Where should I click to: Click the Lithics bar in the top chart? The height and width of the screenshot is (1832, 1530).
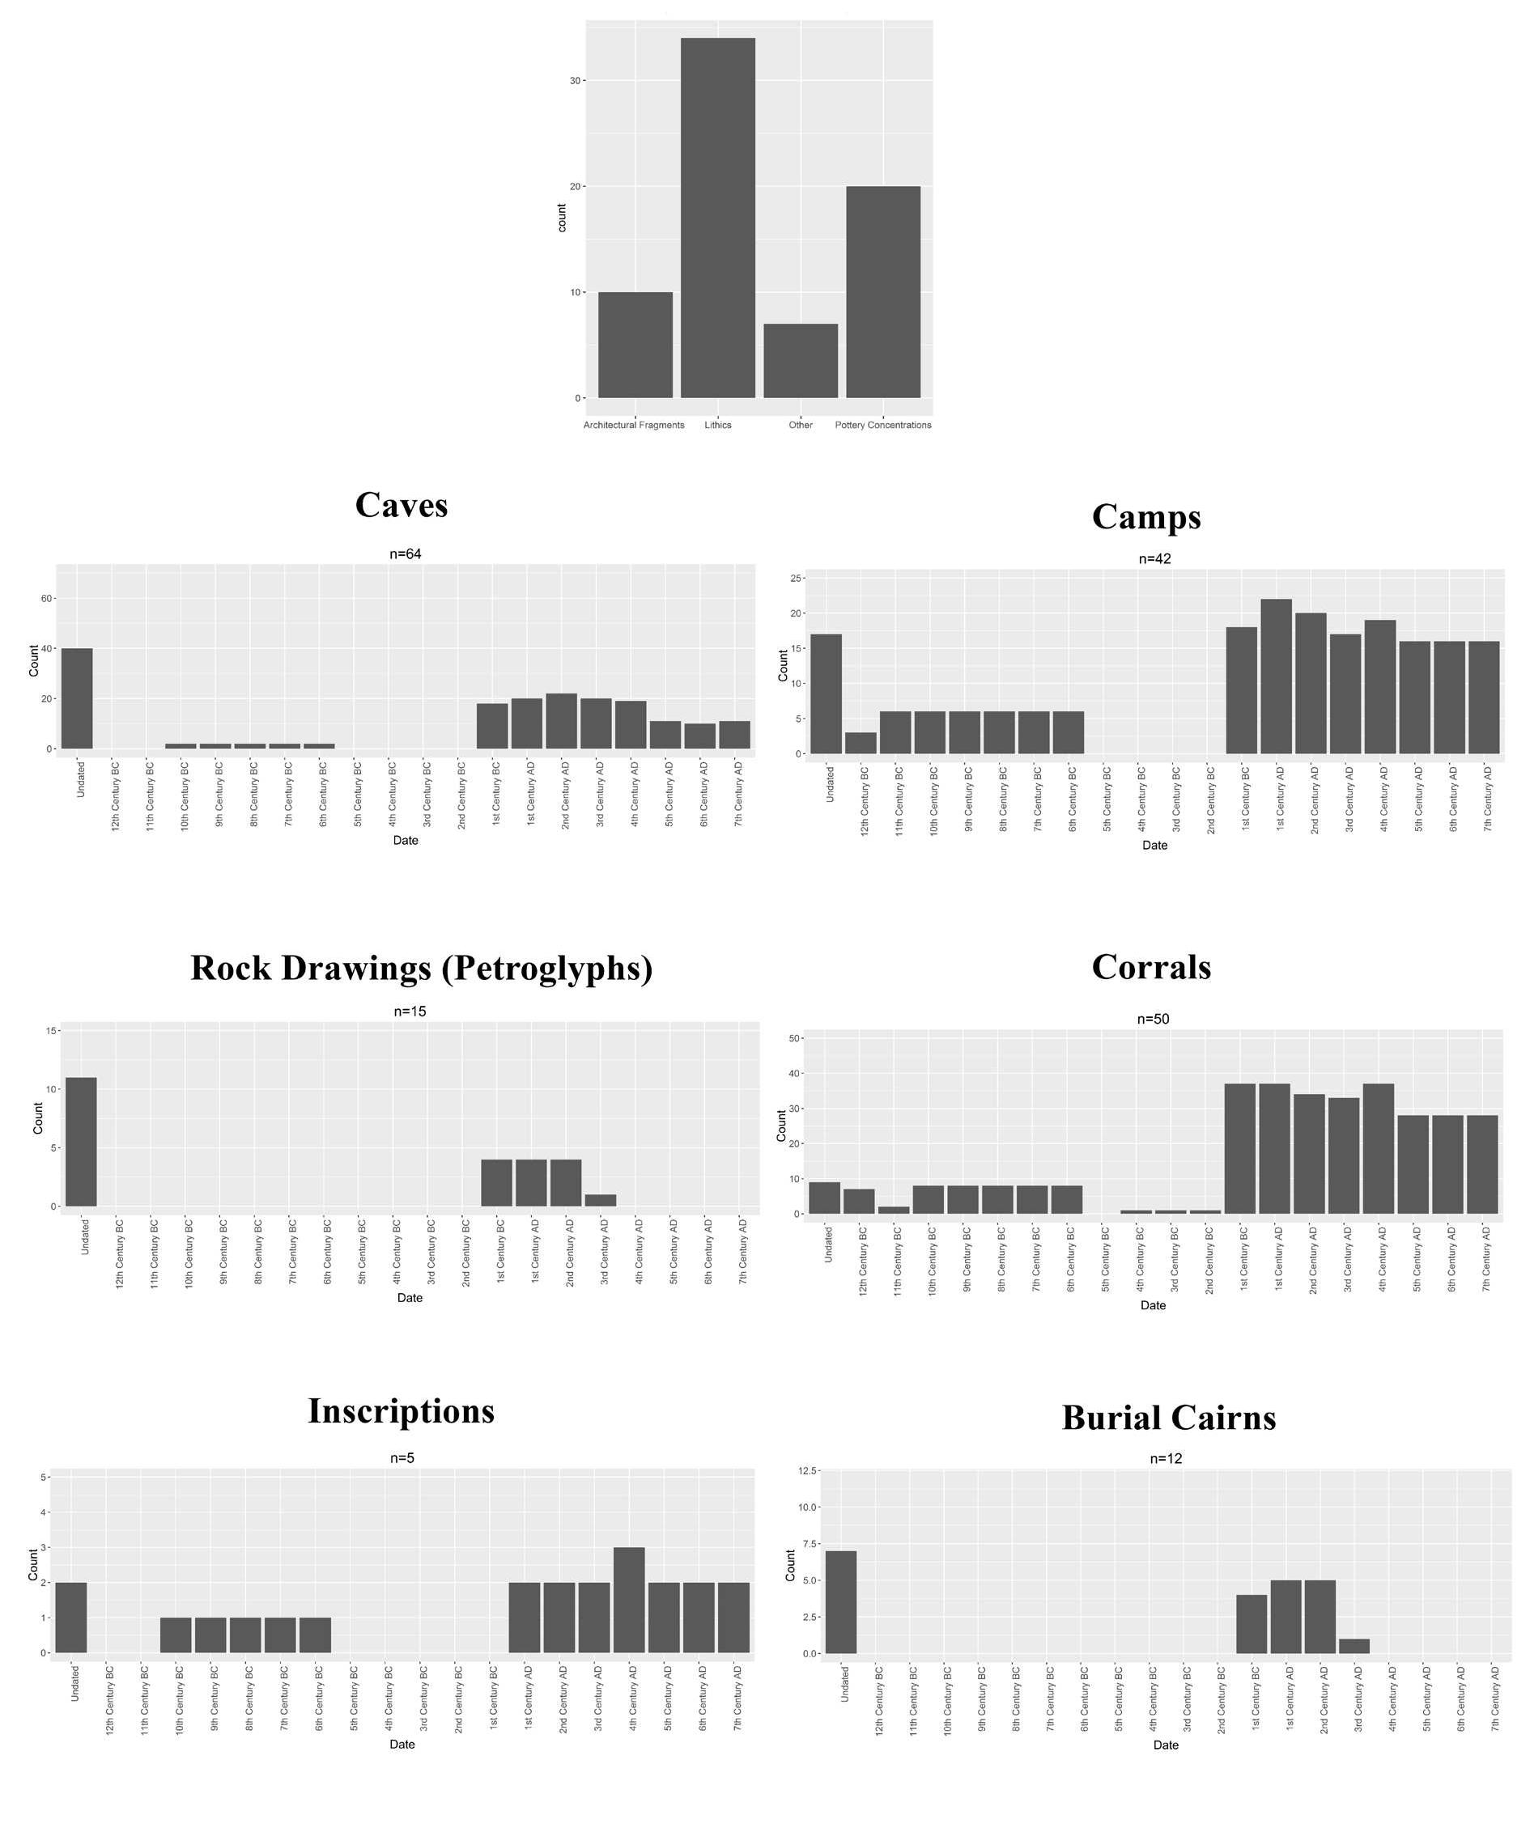point(717,218)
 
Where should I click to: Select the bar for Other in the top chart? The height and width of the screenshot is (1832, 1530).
point(801,360)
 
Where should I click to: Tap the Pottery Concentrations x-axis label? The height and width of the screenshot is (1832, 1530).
point(882,425)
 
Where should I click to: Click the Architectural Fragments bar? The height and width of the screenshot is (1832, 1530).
point(635,345)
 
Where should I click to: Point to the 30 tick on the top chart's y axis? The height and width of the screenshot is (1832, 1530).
point(574,80)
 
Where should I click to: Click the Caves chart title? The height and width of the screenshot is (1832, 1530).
point(401,505)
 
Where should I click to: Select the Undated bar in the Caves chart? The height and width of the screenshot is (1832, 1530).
point(77,698)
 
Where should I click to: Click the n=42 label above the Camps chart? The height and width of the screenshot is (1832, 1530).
point(1154,558)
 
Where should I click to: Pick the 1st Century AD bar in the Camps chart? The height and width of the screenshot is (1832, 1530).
point(1275,676)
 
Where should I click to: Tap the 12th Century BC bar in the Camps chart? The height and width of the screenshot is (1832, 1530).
point(861,744)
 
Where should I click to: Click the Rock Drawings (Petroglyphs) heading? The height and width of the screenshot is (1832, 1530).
point(422,968)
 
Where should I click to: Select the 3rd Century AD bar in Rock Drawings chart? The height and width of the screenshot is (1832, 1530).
point(601,1200)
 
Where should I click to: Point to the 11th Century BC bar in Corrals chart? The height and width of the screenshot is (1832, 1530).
point(893,1210)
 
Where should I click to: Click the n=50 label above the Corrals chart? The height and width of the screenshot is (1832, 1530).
point(1152,1019)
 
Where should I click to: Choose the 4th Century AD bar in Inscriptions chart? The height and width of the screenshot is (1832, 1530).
point(628,1600)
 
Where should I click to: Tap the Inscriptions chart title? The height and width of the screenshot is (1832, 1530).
point(401,1410)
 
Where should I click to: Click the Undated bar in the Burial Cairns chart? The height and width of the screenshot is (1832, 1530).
point(839,1601)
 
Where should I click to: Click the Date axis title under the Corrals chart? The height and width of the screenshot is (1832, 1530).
point(1152,1305)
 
